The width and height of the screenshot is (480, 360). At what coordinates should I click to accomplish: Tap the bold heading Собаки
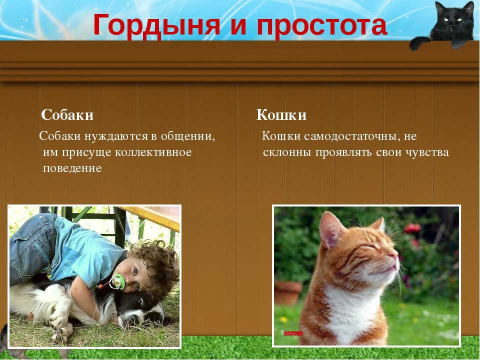pos(67,115)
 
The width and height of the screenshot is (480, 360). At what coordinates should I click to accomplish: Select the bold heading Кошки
pos(281,115)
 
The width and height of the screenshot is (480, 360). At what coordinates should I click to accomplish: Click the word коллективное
pos(153,152)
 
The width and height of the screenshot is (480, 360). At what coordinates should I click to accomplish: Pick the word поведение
pos(72,168)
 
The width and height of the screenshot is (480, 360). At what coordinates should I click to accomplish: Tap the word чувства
pos(427,152)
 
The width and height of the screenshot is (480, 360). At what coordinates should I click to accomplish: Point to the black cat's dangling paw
pos(418,43)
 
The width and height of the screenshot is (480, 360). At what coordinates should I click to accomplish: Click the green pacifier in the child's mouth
pos(117,281)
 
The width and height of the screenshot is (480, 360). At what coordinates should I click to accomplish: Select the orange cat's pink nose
pos(395,256)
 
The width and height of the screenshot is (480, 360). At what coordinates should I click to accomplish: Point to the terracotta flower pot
pos(288,292)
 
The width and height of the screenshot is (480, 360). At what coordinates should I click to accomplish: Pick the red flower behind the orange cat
pos(412,228)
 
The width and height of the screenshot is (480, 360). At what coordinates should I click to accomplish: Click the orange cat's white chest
pos(352,309)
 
